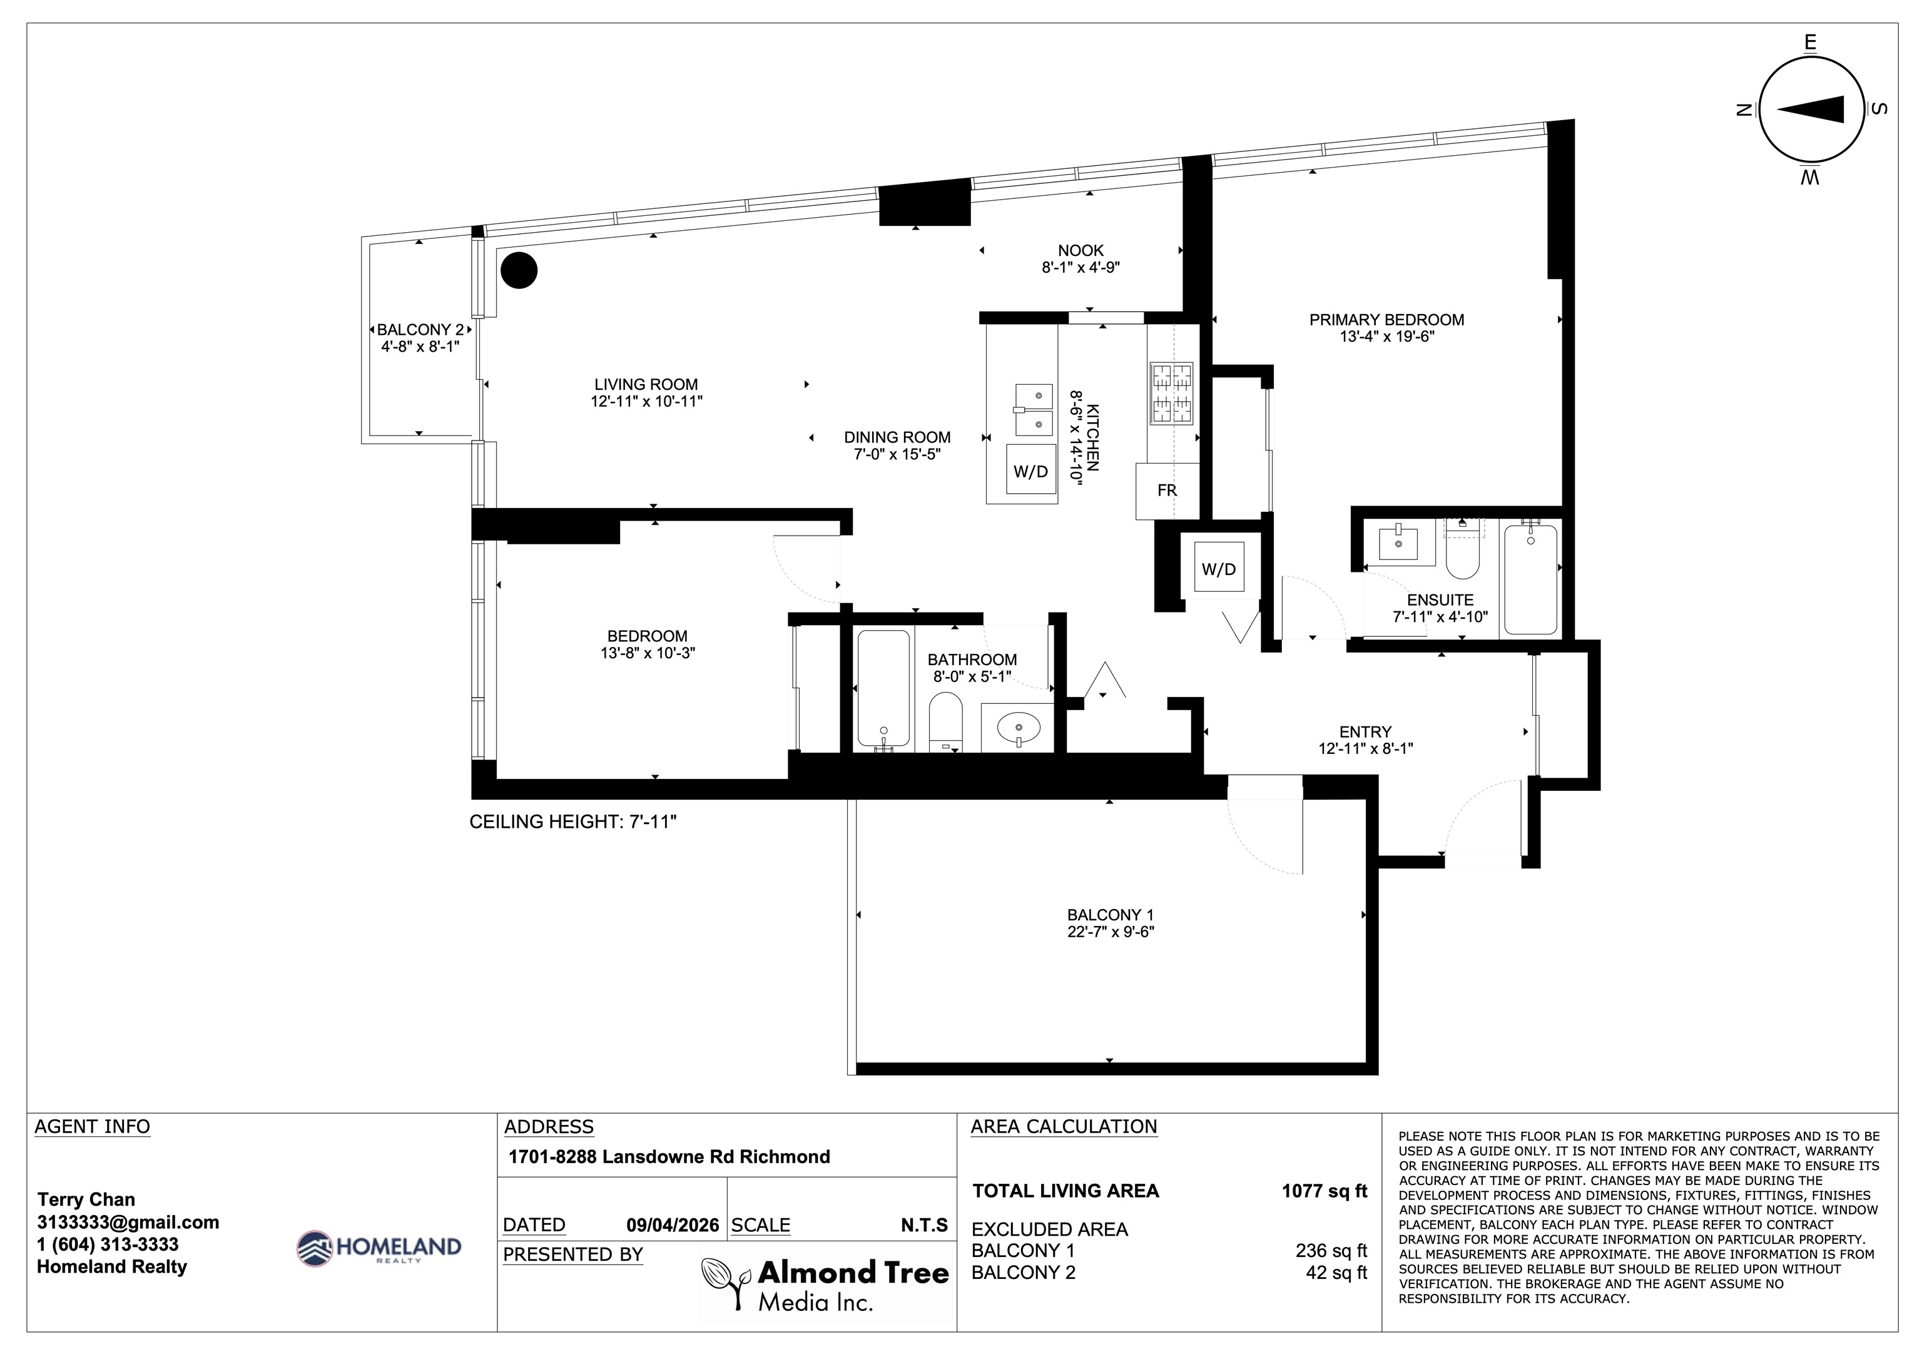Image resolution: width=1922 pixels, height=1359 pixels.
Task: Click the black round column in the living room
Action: click(519, 270)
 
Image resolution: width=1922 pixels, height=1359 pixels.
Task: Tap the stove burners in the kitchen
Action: click(1171, 394)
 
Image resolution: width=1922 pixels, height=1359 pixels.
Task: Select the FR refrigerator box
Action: click(1167, 491)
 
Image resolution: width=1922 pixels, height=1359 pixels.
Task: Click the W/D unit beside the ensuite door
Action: click(1219, 569)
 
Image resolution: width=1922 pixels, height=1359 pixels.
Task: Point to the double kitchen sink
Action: click(1034, 410)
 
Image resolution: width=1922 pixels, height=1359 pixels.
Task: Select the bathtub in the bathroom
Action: click(883, 688)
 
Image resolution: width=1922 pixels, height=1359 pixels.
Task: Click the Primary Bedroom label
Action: click(1386, 320)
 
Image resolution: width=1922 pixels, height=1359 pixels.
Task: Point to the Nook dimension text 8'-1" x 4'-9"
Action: click(1080, 268)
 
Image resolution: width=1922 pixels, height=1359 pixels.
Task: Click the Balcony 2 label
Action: click(420, 330)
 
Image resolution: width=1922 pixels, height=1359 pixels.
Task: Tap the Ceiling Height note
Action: click(572, 822)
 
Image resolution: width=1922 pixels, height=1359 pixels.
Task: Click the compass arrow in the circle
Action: click(1811, 109)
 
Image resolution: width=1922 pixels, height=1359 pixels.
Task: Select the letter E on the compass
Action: click(1811, 43)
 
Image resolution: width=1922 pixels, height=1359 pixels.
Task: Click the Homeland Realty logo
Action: click(379, 1248)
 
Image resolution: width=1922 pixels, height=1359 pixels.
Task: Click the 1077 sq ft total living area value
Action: click(1325, 1191)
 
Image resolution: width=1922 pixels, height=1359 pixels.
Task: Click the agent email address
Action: click(128, 1223)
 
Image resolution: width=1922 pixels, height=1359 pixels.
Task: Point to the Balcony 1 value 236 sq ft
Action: click(1331, 1250)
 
